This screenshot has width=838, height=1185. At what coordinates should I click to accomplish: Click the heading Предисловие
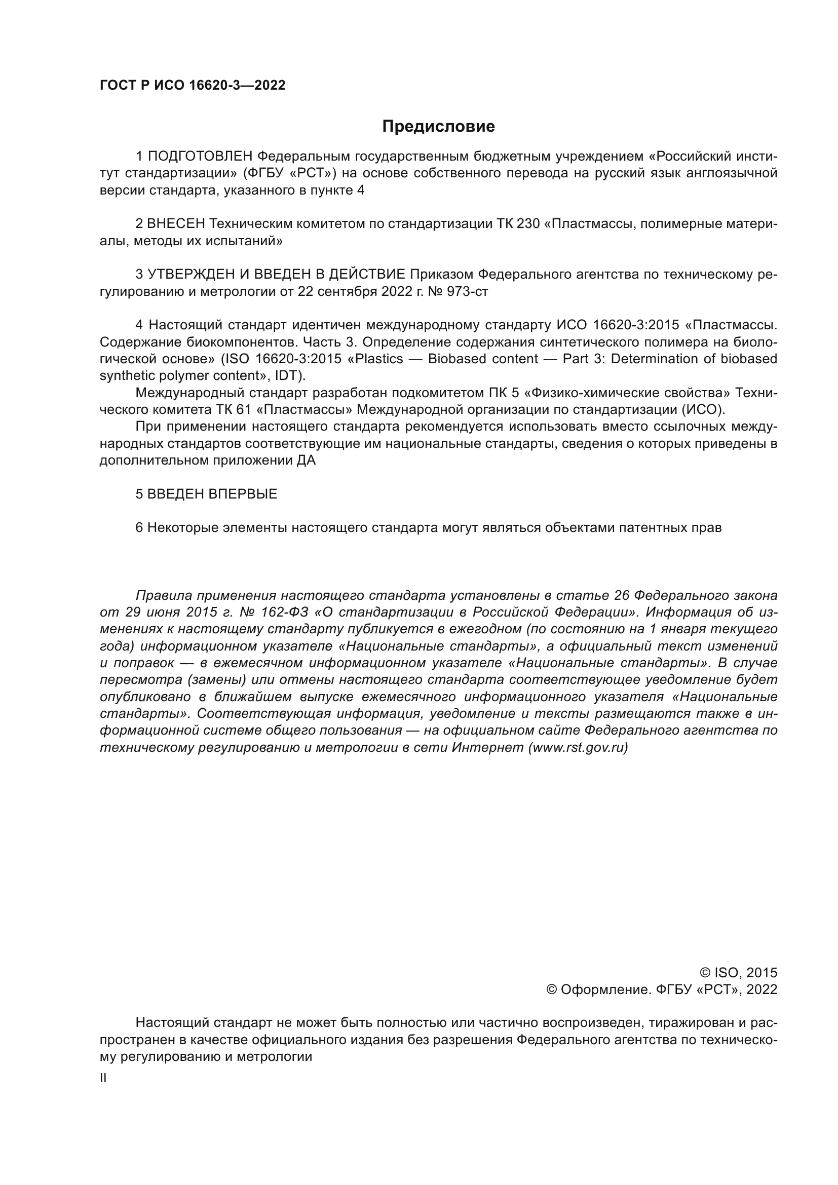(x=438, y=127)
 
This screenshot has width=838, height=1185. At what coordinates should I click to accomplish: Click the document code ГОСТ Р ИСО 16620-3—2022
(x=193, y=86)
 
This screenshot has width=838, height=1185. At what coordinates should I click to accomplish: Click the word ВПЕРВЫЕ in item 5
(x=243, y=494)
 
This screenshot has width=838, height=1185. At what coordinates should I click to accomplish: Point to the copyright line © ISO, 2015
(x=738, y=973)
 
